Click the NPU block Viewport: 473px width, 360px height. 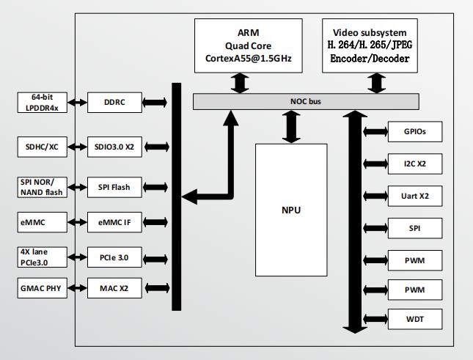pos(291,210)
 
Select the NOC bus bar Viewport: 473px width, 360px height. pos(306,101)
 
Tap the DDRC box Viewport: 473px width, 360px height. pos(114,103)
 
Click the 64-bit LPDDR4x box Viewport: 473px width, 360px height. pos(43,103)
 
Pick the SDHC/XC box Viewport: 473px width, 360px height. pos(43,147)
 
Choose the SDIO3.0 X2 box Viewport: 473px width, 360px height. pos(114,147)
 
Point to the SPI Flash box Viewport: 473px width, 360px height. pos(114,187)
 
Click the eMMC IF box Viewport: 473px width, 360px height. pos(114,222)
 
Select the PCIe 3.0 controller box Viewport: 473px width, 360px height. pos(114,257)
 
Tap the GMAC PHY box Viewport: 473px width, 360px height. pos(43,288)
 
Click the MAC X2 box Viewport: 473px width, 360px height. pos(114,288)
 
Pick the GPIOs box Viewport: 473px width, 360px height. pos(415,132)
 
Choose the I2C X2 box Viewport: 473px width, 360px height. pos(415,164)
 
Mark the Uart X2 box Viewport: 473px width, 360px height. pos(415,196)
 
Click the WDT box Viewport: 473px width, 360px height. pos(415,319)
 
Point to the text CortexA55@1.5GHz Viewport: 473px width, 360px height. pos(249,58)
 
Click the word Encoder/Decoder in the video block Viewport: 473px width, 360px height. pos(370,58)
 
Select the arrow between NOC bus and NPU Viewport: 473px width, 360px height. pos(291,127)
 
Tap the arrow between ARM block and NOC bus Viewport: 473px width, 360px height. pos(240,83)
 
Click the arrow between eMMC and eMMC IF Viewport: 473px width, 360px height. pos(77,222)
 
